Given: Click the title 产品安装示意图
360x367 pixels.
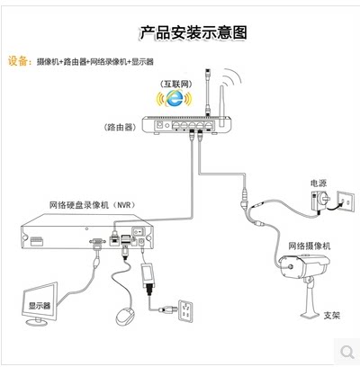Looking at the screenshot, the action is pyautogui.click(x=193, y=32).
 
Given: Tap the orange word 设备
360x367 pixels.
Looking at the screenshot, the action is pyautogui.click(x=18, y=61).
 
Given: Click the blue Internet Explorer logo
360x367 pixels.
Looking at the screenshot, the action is pyautogui.click(x=175, y=98).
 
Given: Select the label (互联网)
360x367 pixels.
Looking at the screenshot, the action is pyautogui.click(x=175, y=84).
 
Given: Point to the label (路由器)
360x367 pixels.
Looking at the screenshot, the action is pyautogui.click(x=120, y=127).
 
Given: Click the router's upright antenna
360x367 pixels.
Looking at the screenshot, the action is pyautogui.click(x=222, y=106).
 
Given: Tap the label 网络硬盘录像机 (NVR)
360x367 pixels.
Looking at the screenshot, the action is pyautogui.click(x=93, y=205).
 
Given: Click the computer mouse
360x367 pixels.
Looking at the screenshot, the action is pyautogui.click(x=125, y=316).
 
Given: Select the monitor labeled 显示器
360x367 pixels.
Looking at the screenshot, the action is pyautogui.click(x=40, y=303).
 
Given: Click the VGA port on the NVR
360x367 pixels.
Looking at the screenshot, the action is pyautogui.click(x=97, y=241).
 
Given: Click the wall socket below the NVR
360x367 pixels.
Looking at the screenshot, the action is pyautogui.click(x=185, y=311).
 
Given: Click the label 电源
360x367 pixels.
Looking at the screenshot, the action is pyautogui.click(x=319, y=183).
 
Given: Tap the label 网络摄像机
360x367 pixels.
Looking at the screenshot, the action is pyautogui.click(x=310, y=246).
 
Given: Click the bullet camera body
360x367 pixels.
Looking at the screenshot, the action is pyautogui.click(x=304, y=265).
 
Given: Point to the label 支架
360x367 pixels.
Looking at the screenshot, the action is pyautogui.click(x=332, y=315).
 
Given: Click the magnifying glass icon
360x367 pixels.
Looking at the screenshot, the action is pyautogui.click(x=347, y=352).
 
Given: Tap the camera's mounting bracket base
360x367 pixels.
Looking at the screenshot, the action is pyautogui.click(x=310, y=315).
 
